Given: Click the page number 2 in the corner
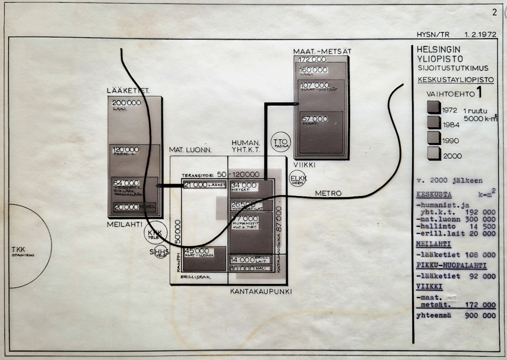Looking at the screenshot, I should pyautogui.click(x=494, y=13).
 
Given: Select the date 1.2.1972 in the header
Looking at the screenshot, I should pyautogui.click(x=481, y=36).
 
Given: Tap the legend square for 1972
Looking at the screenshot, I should pyautogui.click(x=433, y=107).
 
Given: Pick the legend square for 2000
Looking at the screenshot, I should pyautogui.click(x=433, y=153).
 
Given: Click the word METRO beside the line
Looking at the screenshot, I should pyautogui.click(x=328, y=193).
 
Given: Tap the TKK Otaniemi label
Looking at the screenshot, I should pyautogui.click(x=21, y=251).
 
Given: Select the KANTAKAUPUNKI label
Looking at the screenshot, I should pyautogui.click(x=261, y=291).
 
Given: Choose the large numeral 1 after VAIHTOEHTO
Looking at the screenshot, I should pyautogui.click(x=478, y=93).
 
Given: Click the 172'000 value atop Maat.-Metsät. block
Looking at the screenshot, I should pyautogui.click(x=310, y=60).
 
